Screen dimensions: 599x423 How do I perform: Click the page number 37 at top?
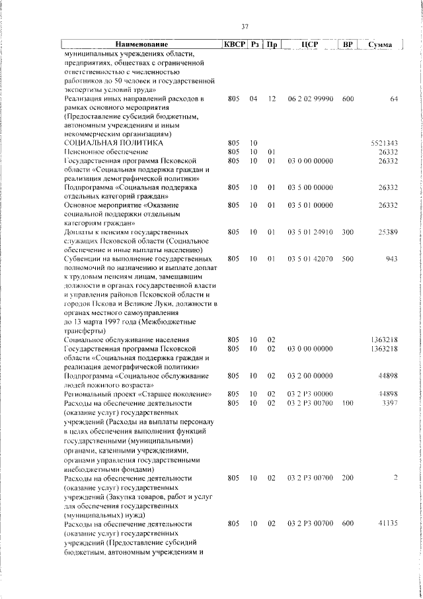point(245,26)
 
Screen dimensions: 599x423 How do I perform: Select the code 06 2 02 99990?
point(310,99)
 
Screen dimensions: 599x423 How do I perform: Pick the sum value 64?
point(393,99)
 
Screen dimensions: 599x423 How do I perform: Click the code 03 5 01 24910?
point(310,232)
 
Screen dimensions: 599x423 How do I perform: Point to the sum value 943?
point(391,259)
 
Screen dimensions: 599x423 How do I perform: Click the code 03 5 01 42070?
point(310,259)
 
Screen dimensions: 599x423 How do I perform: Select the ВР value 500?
point(348,259)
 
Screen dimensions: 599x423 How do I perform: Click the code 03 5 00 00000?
point(310,188)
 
